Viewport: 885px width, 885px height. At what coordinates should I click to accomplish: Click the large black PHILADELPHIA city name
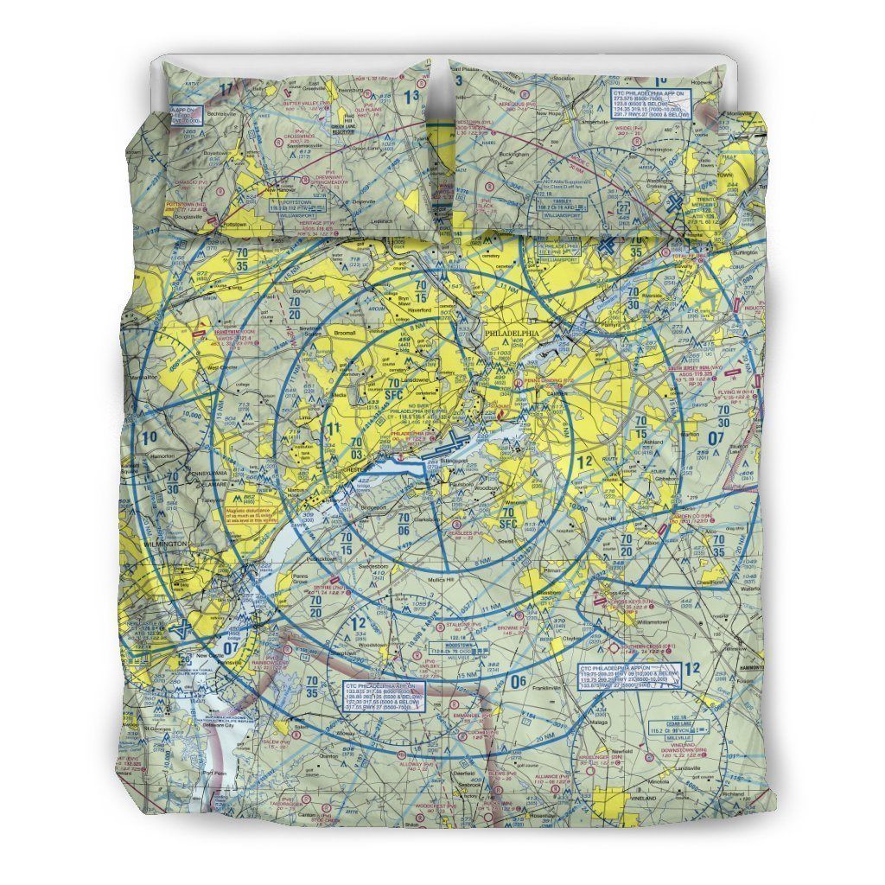(x=511, y=332)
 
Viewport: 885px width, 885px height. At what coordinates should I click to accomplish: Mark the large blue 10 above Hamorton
(x=151, y=438)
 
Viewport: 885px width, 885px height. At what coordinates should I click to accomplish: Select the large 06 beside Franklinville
(x=518, y=682)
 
